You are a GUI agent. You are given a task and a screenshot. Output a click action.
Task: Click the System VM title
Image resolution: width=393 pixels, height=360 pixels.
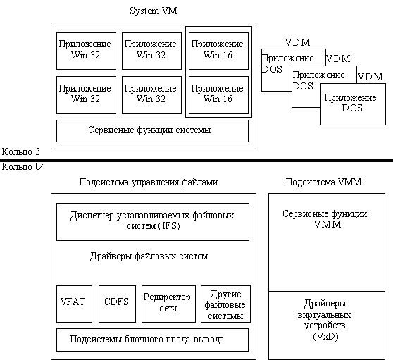pos(153,11)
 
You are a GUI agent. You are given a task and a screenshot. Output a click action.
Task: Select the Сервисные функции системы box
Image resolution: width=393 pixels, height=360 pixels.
pos(152,131)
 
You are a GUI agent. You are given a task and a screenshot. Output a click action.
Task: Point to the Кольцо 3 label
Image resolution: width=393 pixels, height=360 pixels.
pos(21,152)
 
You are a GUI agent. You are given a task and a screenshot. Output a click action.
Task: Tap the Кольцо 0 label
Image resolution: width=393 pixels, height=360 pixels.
pos(22,167)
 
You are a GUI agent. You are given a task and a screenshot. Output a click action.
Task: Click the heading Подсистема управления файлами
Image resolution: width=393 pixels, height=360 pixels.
pos(149,182)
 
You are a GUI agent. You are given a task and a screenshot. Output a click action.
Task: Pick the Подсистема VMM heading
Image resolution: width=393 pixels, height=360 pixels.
pos(323,182)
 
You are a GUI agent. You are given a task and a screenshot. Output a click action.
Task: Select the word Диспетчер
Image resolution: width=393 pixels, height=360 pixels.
pos(92,216)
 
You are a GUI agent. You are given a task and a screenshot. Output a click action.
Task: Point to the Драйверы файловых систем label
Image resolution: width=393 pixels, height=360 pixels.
pos(149,256)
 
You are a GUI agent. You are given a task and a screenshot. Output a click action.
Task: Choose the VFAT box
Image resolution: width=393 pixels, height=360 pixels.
pos(74,304)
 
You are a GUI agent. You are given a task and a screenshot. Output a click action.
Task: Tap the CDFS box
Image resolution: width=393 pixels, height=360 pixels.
pos(117,304)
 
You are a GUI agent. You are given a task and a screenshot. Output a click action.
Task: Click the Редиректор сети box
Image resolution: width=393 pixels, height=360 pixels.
pos(168,304)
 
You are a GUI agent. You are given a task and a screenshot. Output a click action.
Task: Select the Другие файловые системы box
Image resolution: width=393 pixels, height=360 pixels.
pos(225,304)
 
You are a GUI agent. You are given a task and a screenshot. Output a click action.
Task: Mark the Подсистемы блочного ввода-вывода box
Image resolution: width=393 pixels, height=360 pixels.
pos(152,340)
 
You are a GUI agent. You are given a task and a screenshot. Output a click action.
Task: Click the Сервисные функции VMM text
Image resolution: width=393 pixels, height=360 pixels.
pos(325,219)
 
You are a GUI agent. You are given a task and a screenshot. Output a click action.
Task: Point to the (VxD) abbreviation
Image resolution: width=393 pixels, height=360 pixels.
pos(325,336)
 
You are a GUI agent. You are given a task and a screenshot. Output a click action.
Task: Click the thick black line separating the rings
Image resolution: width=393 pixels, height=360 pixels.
pos(196,160)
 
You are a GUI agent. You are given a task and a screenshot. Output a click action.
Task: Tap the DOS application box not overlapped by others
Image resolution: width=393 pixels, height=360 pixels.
pos(353,104)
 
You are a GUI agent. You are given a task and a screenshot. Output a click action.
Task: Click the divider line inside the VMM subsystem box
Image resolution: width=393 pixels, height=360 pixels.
pos(327,291)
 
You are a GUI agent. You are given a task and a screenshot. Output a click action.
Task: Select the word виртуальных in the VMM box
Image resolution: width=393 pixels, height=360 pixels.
pos(324,315)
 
